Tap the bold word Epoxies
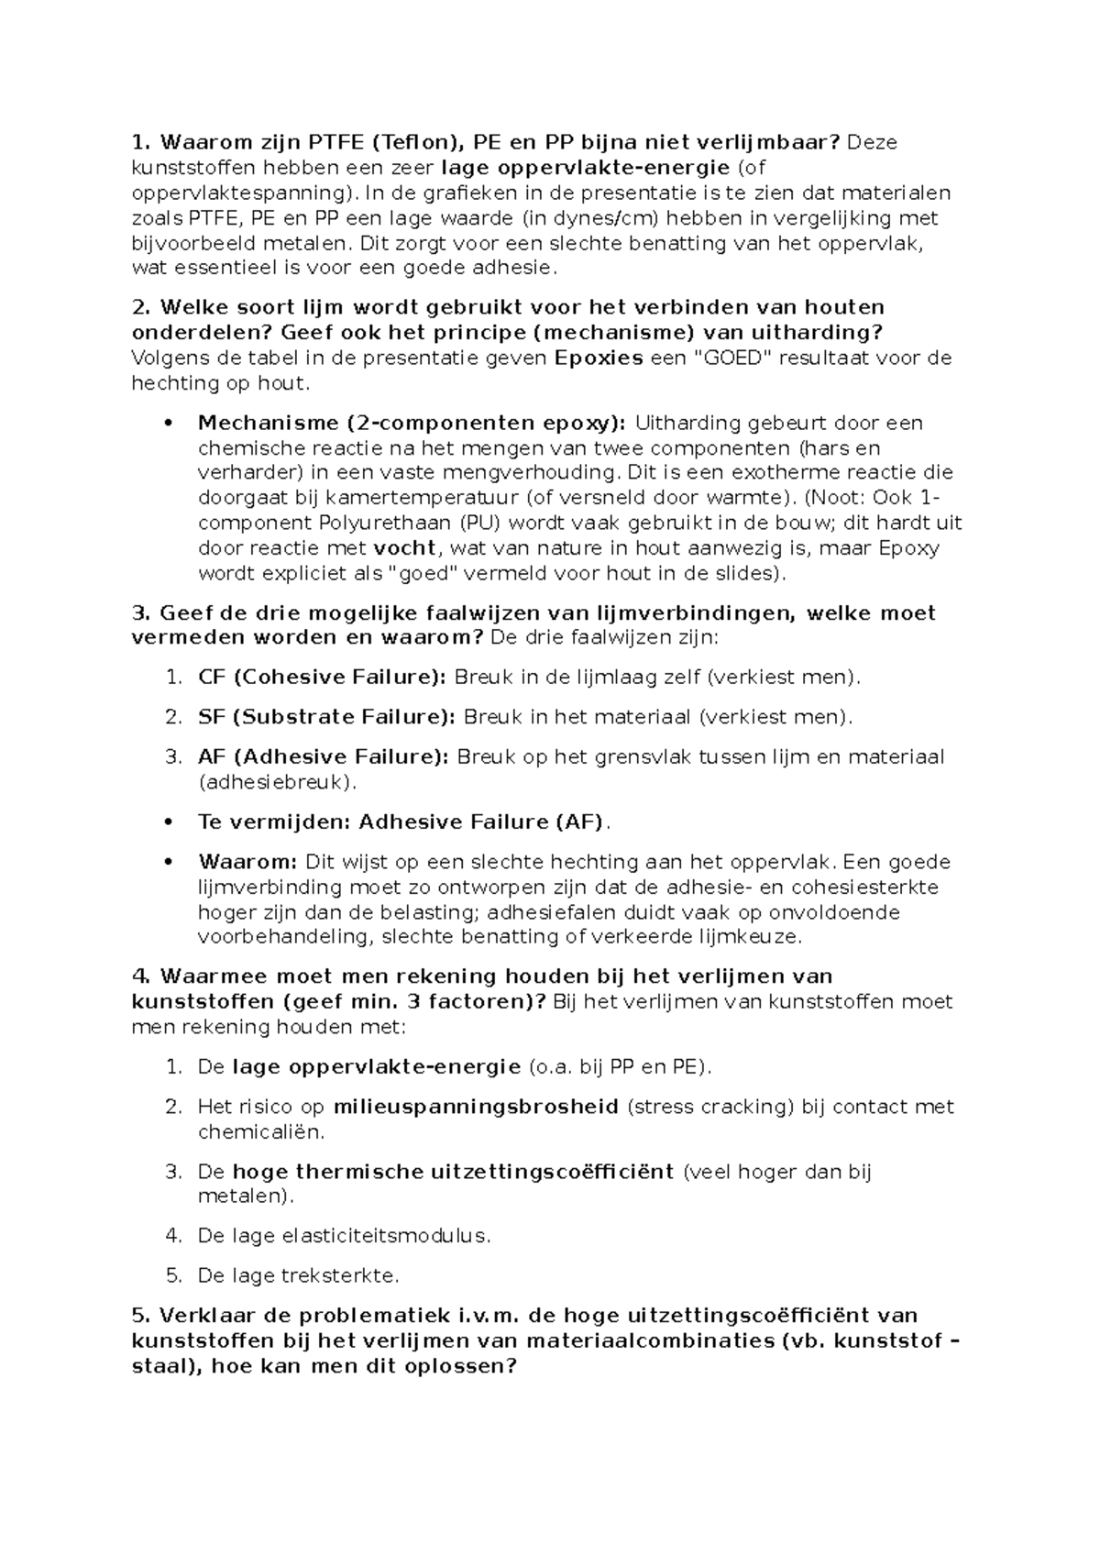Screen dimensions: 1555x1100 pos(599,358)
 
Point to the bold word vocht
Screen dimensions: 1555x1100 pos(407,548)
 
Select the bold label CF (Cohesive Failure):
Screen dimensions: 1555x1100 pos(323,678)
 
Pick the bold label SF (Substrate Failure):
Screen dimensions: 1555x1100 pos(326,717)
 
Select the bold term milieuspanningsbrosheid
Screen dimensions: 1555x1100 pos(476,1107)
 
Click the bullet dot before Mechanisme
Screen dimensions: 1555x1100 pos(167,424)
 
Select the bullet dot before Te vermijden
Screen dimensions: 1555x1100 pos(167,822)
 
